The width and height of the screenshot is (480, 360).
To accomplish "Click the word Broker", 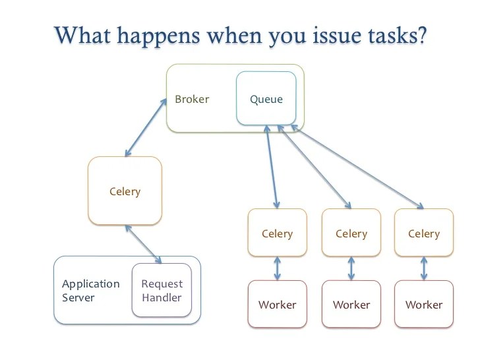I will click(x=192, y=100).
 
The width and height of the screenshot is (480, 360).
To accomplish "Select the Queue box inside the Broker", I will click(x=266, y=100).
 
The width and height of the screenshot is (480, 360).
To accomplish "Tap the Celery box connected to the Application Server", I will click(x=125, y=191).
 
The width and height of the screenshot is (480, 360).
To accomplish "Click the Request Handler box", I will click(x=162, y=291).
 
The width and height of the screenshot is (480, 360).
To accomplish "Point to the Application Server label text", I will click(x=91, y=291).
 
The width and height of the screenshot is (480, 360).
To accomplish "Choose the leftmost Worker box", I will click(x=277, y=304).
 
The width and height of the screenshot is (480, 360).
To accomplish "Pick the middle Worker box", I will click(x=351, y=304).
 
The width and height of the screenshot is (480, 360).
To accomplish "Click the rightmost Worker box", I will click(x=424, y=304).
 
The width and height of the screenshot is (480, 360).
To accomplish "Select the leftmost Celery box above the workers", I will click(x=277, y=233).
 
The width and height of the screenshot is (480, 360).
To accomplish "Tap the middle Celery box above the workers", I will click(x=351, y=233).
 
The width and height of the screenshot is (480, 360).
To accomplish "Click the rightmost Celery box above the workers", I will click(x=424, y=233).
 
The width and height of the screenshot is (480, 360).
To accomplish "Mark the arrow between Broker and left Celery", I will click(x=145, y=128).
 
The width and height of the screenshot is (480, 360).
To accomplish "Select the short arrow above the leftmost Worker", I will click(x=278, y=268).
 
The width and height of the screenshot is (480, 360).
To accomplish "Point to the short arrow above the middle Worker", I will click(x=351, y=268).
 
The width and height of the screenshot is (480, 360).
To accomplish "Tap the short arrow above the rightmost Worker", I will click(x=424, y=268).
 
